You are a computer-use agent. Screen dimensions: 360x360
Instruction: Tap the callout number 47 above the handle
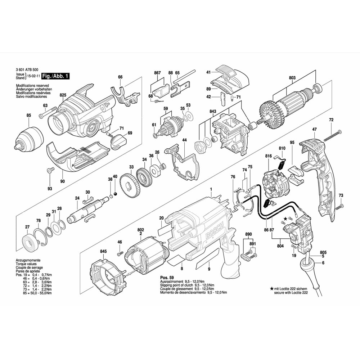pos(314,129)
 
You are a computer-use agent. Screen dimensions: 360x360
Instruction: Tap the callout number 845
pos(103,251)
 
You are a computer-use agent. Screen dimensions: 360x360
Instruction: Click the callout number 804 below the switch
pos(280,247)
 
